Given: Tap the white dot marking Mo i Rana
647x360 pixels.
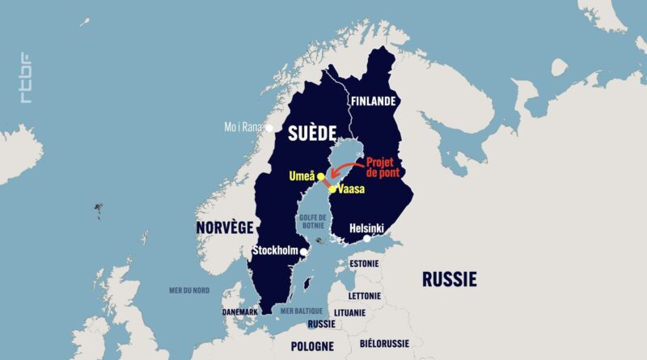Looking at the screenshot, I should (270, 127).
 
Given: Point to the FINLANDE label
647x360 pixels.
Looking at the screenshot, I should (372, 102).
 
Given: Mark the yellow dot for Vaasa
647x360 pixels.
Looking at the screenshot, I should (332, 188).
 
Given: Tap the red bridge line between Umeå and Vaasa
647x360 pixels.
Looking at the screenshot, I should (326, 183).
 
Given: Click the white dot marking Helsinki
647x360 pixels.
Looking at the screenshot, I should (367, 238).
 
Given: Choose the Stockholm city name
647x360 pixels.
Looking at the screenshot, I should (275, 252).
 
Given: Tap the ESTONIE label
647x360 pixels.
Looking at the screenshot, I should (364, 264).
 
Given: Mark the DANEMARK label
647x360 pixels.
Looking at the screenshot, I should (240, 312).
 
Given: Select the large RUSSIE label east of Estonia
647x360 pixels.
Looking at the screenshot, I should (449, 280).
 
